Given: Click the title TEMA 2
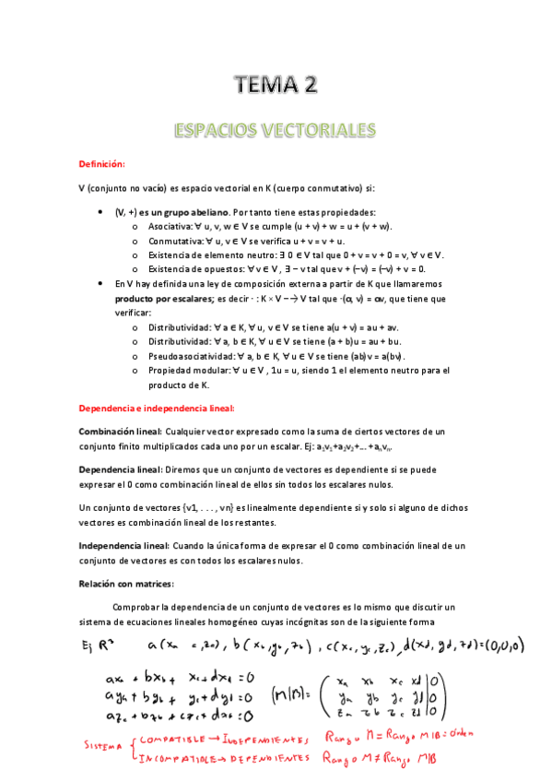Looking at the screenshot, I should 276,86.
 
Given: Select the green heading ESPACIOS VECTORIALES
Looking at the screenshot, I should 276,128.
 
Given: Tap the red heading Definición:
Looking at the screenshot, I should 101,164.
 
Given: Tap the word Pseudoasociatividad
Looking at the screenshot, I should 185,356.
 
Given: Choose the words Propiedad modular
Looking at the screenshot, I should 182,370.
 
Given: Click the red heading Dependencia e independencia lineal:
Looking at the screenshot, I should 156,408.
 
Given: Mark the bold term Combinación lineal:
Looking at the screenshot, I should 120,432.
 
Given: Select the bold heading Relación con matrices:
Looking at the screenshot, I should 126,584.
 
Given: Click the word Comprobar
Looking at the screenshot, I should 138,606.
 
